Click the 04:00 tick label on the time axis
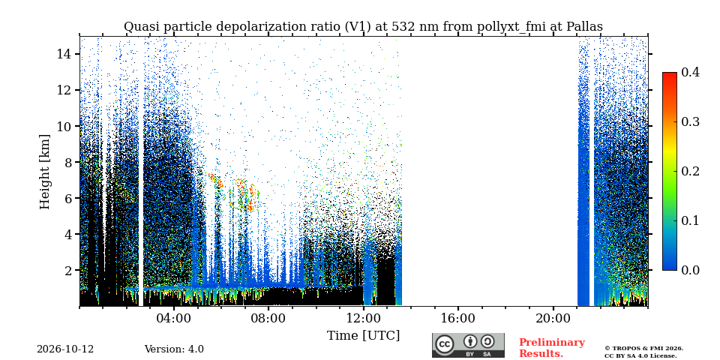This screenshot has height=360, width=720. click(x=174, y=319)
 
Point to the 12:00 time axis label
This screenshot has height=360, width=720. click(x=363, y=319)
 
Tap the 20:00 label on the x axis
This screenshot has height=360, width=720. click(x=553, y=319)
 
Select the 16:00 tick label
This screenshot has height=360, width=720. click(x=458, y=319)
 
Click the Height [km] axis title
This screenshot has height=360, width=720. click(x=44, y=172)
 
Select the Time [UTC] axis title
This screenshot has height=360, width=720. click(x=363, y=336)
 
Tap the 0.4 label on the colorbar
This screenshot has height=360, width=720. click(x=690, y=72)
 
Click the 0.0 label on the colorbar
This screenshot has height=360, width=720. click(x=690, y=270)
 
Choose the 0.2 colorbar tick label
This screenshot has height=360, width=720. click(x=690, y=171)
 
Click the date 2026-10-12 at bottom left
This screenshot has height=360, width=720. click(x=65, y=349)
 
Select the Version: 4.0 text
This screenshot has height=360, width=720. click(x=174, y=349)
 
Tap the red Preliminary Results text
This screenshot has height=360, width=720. click(x=552, y=347)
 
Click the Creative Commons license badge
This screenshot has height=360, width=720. click(x=468, y=345)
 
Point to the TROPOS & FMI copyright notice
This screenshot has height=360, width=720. click(x=643, y=352)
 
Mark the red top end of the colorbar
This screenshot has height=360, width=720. click(x=670, y=73)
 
